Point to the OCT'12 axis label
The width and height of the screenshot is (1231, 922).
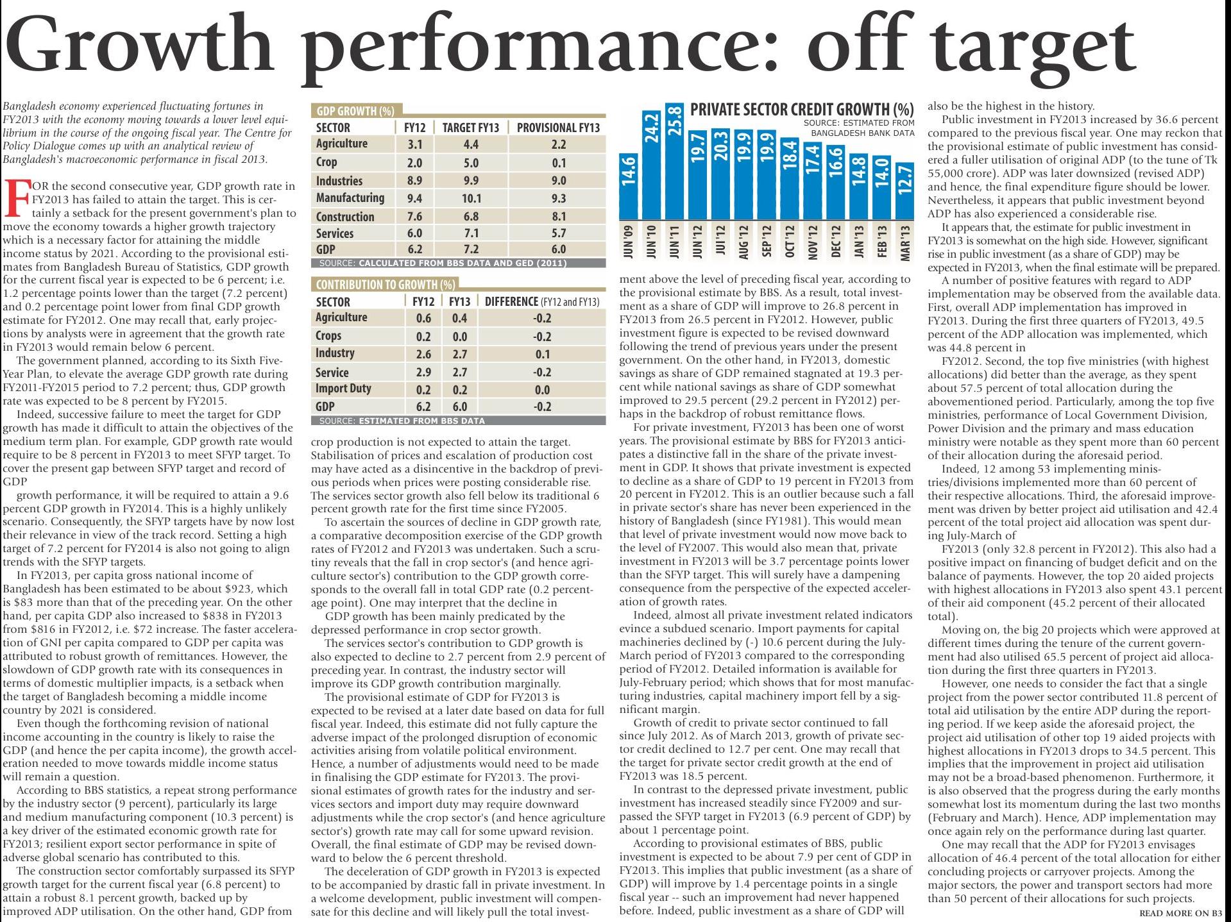point(789,242)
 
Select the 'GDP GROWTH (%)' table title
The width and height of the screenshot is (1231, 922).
point(355,111)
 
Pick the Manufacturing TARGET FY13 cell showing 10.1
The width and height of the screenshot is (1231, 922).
point(471,199)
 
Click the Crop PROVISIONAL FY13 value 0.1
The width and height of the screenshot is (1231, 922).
point(558,163)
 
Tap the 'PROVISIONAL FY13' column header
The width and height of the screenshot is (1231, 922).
point(558,128)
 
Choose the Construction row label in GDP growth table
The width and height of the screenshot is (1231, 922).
point(345,217)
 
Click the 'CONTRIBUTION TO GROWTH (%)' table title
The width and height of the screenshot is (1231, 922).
point(386,285)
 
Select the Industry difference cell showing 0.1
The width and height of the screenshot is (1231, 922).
point(542,354)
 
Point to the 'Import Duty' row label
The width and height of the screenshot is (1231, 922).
point(343,389)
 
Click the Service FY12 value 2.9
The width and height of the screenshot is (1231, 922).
point(423,372)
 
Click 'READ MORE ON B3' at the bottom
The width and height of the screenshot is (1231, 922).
point(1180,913)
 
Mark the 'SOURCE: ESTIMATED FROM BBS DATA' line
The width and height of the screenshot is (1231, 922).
point(402,421)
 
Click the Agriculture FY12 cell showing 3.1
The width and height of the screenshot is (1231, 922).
point(414,145)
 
